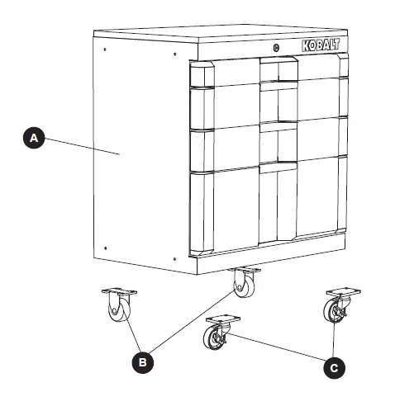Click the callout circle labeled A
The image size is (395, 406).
(33, 139)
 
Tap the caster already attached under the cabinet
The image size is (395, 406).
(245, 285)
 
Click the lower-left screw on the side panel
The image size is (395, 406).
(106, 245)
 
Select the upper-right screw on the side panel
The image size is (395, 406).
(174, 55)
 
